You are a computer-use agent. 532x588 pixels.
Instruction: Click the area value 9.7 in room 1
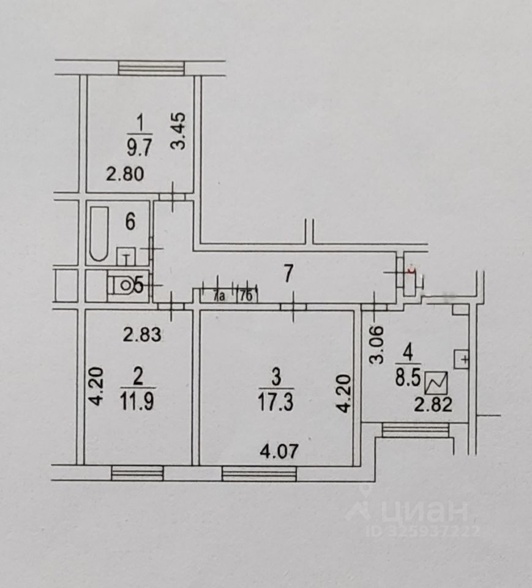140,147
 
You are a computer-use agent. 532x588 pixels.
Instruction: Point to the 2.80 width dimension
125,175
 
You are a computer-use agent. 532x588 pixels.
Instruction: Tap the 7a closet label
219,297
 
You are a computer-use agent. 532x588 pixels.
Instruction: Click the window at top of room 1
151,67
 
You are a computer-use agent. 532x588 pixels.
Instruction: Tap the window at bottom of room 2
138,472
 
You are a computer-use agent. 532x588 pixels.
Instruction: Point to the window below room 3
259,473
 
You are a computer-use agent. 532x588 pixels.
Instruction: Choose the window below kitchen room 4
416,430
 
